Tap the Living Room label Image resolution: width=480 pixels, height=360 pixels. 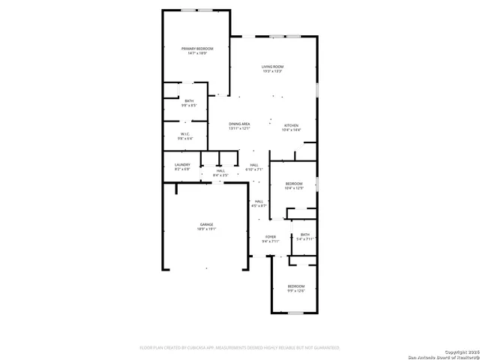point(272,67)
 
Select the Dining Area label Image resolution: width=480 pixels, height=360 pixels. point(239,123)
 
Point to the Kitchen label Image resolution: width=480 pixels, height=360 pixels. point(291,124)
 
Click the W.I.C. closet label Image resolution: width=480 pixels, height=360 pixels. point(185,134)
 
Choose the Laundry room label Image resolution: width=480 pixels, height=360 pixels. point(182,164)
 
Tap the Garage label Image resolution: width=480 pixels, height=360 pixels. point(206,224)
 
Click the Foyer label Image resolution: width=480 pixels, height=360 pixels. point(270,236)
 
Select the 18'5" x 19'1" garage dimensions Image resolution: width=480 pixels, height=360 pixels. point(206,229)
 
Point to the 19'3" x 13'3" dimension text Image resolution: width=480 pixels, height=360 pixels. point(272,71)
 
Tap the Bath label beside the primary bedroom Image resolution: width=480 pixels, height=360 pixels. point(188,101)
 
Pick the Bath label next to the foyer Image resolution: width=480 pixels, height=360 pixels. point(304,235)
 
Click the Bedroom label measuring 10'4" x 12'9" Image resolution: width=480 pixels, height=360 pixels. point(294,184)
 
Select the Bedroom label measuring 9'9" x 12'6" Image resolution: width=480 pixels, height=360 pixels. point(296,286)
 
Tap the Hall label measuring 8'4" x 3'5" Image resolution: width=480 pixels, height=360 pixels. point(220,170)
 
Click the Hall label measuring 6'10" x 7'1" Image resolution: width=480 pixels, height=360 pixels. point(254,165)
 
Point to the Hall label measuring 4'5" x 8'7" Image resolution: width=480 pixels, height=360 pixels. point(259,201)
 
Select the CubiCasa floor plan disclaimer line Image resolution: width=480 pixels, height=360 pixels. point(240,348)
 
